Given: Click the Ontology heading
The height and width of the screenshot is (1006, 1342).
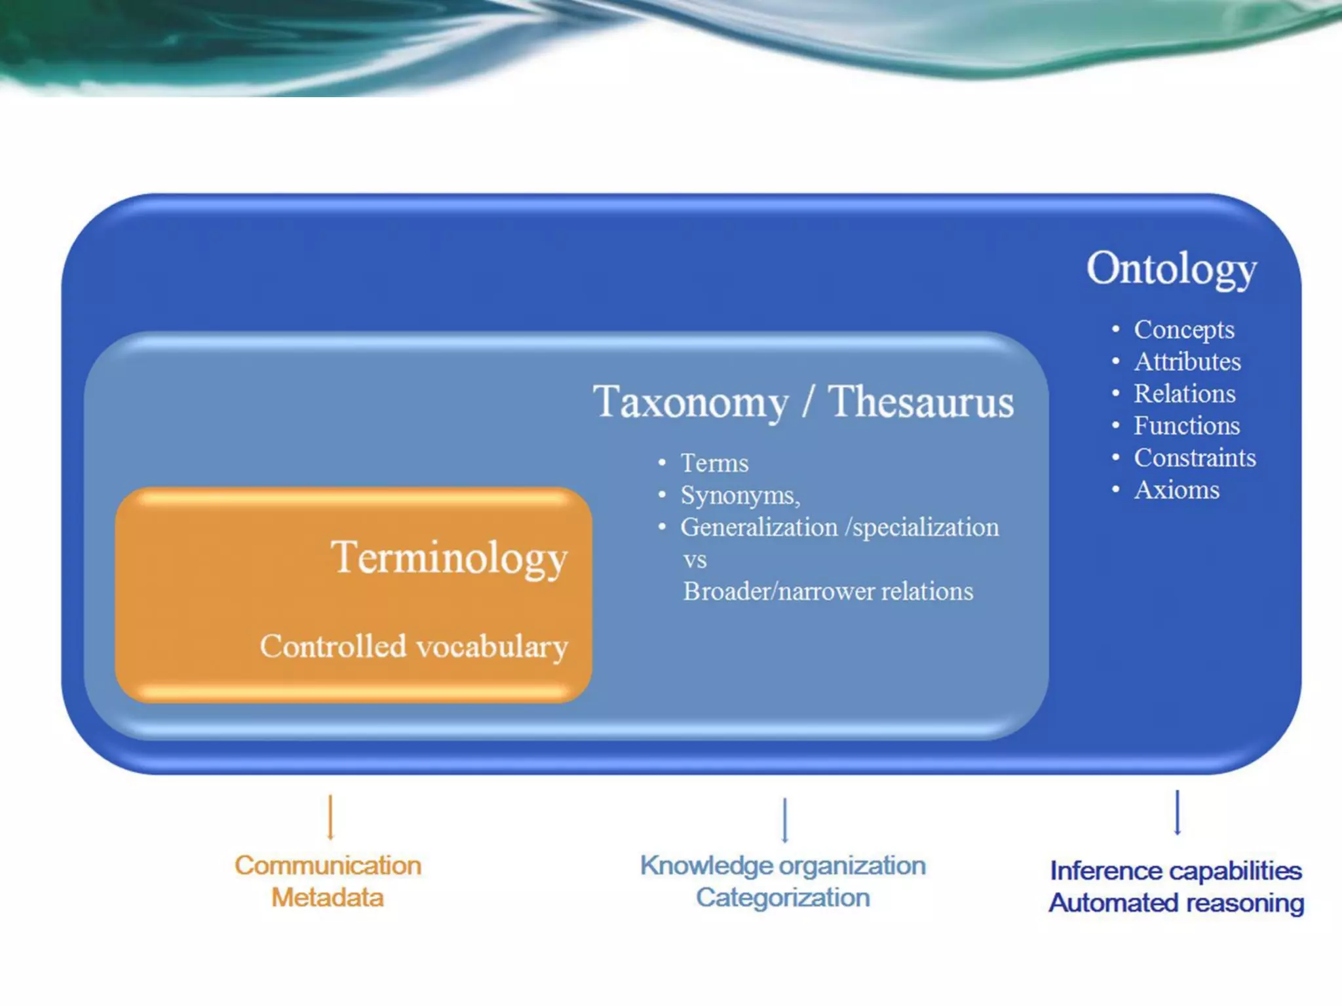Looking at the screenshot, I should (x=1171, y=269).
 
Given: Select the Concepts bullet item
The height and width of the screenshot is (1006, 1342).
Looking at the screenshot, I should (x=1183, y=329).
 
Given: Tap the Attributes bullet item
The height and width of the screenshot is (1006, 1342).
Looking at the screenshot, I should (x=1187, y=362).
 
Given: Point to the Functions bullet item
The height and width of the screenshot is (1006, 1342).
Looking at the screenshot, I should (x=1186, y=426).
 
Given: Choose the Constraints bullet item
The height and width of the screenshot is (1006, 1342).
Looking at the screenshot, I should (x=1195, y=458).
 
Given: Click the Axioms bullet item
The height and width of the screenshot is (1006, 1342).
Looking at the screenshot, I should (x=1176, y=490).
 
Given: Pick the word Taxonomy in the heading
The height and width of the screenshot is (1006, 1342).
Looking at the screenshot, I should (x=691, y=402).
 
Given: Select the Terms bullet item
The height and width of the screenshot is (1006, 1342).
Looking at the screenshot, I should (x=714, y=463).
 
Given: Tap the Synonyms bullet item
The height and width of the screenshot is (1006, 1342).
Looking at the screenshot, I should (x=740, y=495).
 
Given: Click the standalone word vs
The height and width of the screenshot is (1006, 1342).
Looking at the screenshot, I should (x=695, y=560).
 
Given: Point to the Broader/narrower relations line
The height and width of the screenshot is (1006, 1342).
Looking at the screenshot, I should (x=828, y=591).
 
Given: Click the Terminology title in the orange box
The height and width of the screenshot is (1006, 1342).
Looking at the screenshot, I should (x=449, y=558).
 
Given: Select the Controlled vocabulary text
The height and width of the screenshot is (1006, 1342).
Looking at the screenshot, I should (x=413, y=646).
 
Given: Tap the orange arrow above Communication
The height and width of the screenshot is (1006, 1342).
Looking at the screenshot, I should (x=330, y=817).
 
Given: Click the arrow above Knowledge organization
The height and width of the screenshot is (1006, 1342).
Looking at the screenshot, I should (x=784, y=820).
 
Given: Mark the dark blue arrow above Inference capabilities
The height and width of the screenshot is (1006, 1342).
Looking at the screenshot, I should (x=1177, y=813).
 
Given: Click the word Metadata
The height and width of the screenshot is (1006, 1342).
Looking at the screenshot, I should (x=328, y=897).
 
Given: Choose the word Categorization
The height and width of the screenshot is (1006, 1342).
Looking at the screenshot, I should (x=783, y=897).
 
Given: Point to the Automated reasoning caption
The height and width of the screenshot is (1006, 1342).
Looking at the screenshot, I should (x=1176, y=903).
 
